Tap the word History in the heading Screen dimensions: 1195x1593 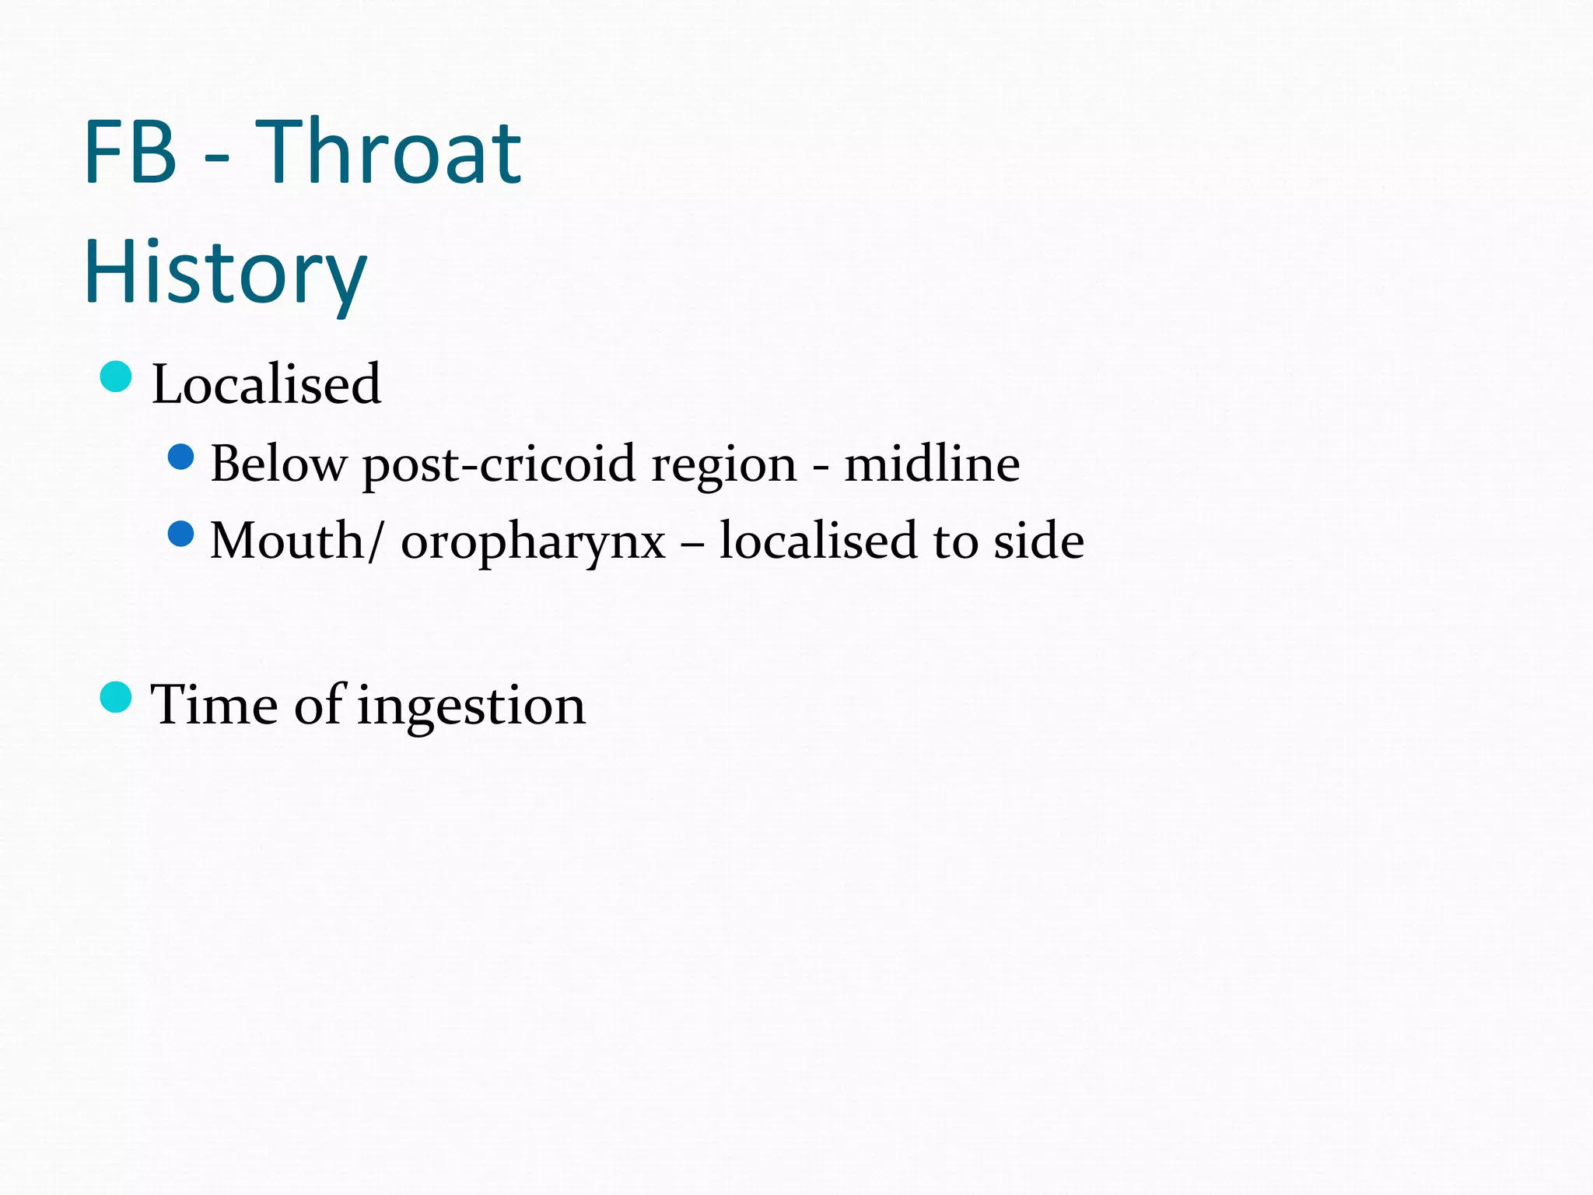pos(225,273)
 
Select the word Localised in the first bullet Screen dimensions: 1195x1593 pos(266,384)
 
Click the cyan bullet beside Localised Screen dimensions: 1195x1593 pos(116,377)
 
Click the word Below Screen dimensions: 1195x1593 pos(278,464)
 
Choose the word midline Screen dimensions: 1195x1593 pos(932,464)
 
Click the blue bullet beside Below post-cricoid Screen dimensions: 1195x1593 pos(180,457)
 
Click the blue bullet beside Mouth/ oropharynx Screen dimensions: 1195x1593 pos(180,534)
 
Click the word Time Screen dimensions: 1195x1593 pos(214,704)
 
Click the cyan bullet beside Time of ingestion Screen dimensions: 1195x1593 pos(116,697)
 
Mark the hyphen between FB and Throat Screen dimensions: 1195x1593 pos(216,159)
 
